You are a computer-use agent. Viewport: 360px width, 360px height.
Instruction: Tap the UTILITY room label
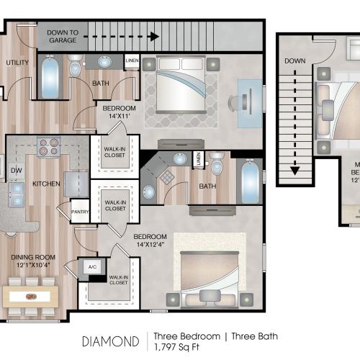(17, 63)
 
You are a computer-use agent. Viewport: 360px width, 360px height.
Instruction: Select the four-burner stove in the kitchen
(49, 146)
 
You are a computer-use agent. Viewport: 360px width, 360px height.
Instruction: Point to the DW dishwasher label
(16, 170)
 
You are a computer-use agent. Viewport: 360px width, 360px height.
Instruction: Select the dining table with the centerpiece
(30, 296)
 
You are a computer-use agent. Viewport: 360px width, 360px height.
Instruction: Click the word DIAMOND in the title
(110, 339)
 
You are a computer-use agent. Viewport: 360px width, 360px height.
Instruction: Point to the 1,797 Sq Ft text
(179, 348)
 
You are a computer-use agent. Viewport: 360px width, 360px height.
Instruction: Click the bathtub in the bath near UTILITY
(50, 78)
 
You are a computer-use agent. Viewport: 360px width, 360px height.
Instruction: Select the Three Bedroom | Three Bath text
(216, 336)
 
